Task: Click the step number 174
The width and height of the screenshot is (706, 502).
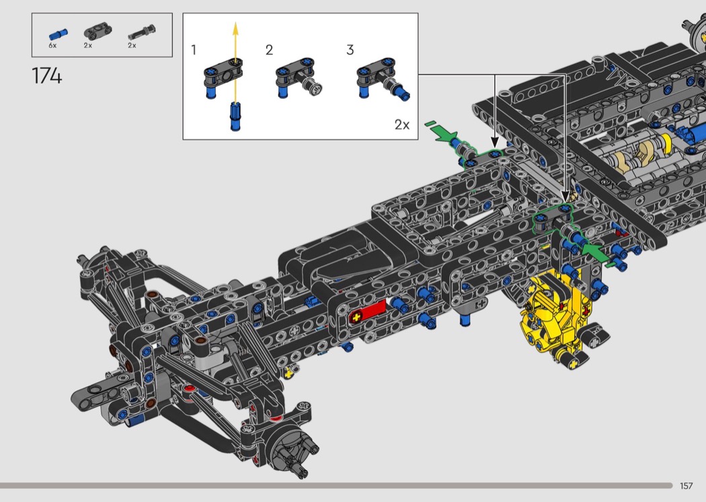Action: click(47, 76)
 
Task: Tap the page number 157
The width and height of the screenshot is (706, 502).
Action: click(687, 485)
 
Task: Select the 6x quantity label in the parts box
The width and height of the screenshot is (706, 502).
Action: click(52, 46)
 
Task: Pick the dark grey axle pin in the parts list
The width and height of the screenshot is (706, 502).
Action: click(141, 33)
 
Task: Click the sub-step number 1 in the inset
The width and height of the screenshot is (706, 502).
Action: click(194, 50)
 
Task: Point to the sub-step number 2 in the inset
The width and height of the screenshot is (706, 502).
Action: click(269, 50)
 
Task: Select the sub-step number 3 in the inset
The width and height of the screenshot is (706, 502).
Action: click(350, 50)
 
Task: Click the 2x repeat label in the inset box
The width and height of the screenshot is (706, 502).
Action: click(402, 124)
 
